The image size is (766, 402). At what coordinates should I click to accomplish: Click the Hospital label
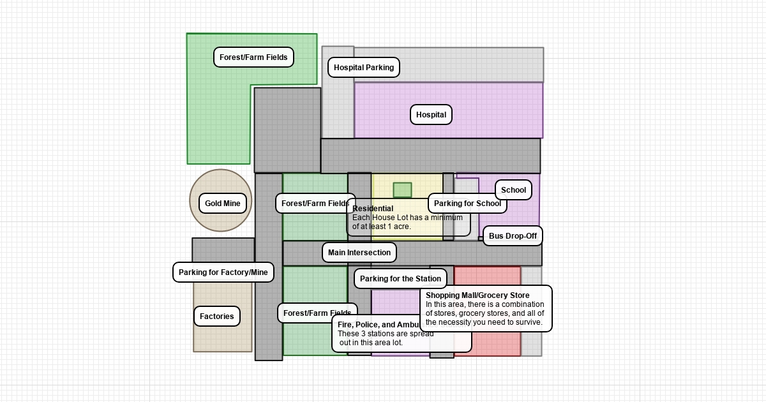point(431,115)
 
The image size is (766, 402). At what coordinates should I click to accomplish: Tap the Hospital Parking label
point(364,67)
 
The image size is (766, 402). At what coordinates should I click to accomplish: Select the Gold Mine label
point(222,204)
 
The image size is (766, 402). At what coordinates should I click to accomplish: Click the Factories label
point(217,316)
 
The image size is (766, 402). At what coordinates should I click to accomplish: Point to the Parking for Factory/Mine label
point(223,272)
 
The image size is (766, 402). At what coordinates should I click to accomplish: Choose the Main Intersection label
point(359,253)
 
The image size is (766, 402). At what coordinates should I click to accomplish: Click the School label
point(513,190)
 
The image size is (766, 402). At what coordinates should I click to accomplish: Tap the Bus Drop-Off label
point(513,236)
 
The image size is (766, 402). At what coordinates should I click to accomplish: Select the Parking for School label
point(467,204)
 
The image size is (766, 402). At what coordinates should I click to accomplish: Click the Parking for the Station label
point(400,279)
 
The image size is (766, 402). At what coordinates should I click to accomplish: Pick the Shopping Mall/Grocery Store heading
point(477,295)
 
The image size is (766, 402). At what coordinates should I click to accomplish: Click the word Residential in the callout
point(373,209)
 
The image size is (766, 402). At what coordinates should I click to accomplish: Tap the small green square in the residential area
point(402,190)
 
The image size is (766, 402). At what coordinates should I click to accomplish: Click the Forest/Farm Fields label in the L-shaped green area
point(253,57)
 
